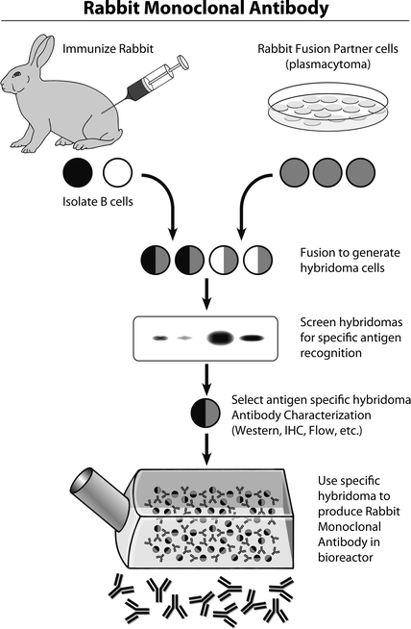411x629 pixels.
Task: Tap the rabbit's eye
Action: point(16,74)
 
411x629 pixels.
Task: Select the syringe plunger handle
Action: point(183,62)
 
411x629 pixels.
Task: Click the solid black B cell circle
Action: point(78,172)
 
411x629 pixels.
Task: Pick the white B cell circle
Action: point(117,172)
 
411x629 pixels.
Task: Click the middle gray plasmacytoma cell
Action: point(326,172)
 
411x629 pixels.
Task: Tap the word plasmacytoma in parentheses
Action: point(328,64)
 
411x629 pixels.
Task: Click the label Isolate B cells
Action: point(97,201)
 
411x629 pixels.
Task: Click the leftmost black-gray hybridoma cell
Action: point(156,260)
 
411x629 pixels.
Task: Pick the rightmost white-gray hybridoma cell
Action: point(258,260)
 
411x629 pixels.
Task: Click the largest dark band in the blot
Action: point(220,338)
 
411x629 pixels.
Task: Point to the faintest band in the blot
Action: point(184,339)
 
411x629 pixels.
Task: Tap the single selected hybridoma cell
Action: point(205,413)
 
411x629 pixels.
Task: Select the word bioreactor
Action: point(346,557)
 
